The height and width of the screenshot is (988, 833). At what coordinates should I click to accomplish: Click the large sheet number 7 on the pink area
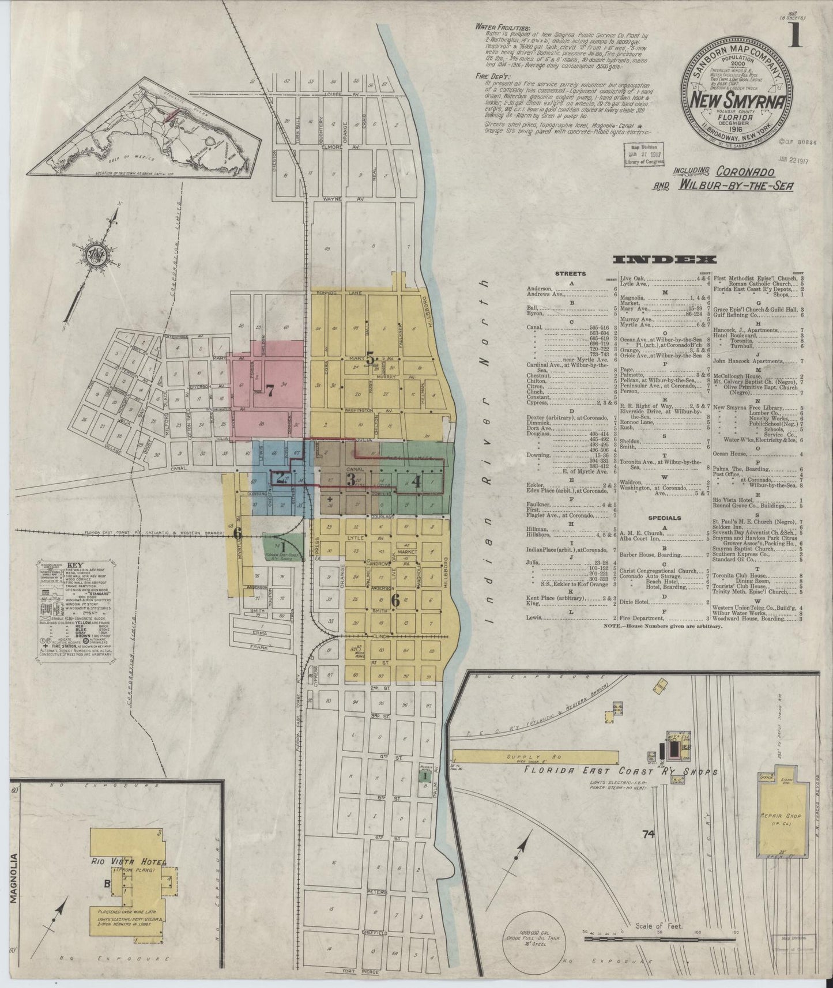click(269, 389)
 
